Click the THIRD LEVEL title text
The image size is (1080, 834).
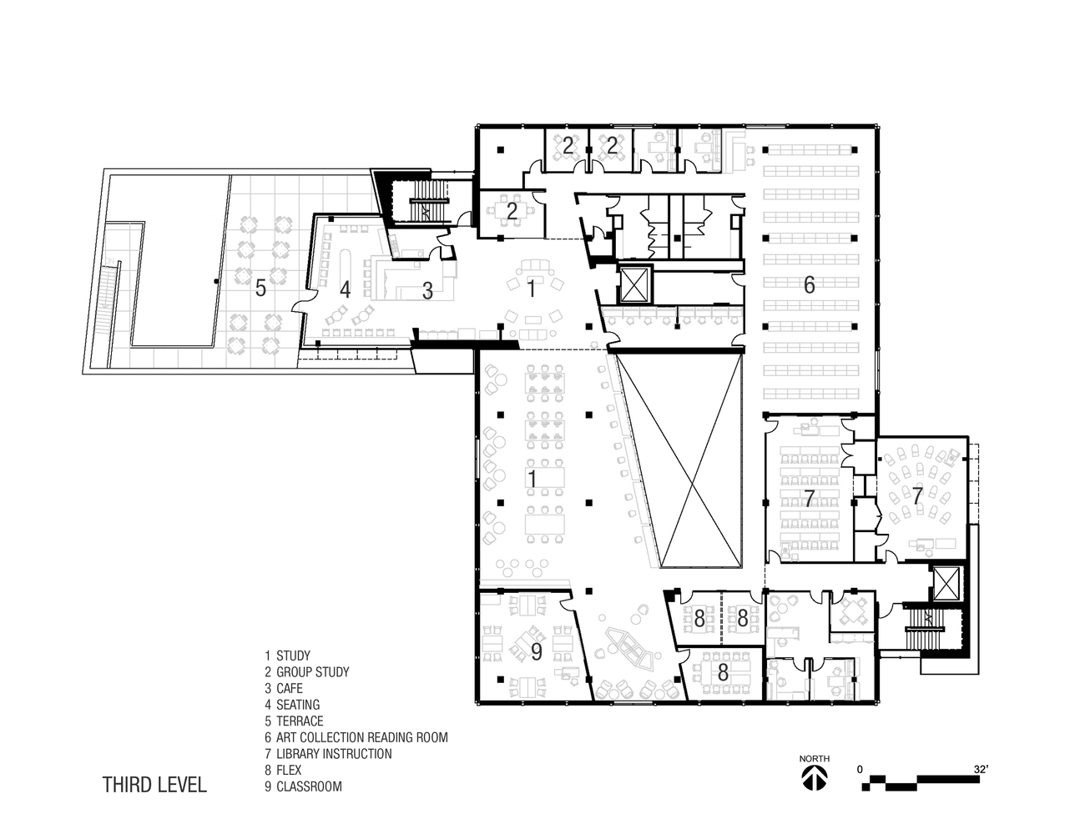coord(154,785)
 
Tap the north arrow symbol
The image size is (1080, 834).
coord(815,778)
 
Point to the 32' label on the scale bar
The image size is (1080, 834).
coord(981,770)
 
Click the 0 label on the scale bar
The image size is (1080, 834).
coord(860,770)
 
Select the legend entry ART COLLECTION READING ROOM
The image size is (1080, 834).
coord(356,738)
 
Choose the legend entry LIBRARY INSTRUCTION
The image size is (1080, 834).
coord(328,754)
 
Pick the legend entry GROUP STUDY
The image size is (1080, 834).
coord(306,672)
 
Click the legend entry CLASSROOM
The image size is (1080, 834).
coord(303,786)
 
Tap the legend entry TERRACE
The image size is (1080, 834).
coord(294,721)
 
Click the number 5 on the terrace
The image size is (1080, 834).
coord(260,288)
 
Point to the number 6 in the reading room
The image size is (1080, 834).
coord(809,285)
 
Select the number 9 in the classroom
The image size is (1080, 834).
coord(537,652)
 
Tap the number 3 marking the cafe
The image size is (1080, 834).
coord(427,291)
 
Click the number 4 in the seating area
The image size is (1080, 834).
coord(345,290)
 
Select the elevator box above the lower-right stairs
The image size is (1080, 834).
coord(946,583)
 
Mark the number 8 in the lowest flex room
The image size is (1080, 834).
coord(723,673)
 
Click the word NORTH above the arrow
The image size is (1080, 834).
coord(814,759)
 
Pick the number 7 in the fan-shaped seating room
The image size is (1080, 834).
coord(917,496)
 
